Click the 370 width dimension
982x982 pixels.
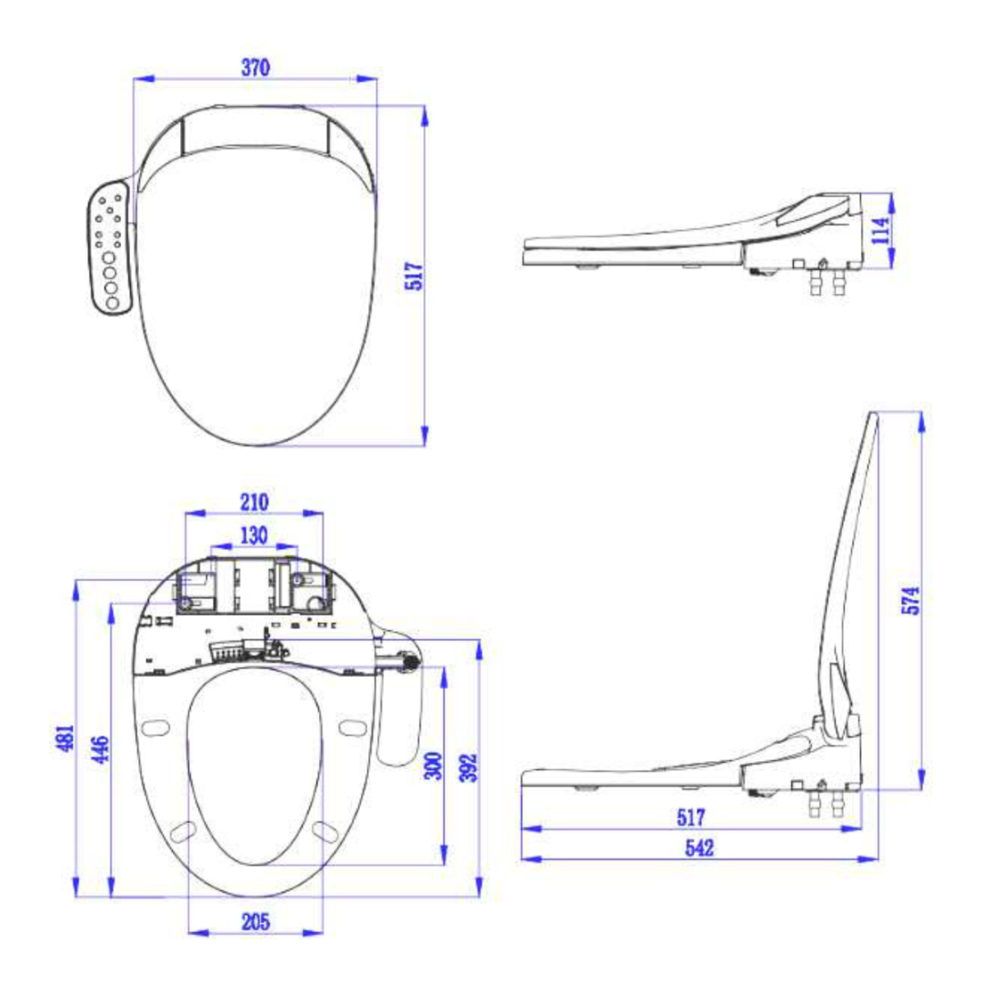click(x=256, y=68)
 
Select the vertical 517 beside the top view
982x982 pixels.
click(x=413, y=276)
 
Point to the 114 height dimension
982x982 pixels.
click(x=877, y=231)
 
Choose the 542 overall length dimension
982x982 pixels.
click(x=699, y=847)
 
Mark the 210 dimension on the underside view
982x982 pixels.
click(x=254, y=502)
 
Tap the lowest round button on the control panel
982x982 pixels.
click(x=113, y=304)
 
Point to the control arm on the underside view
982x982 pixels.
click(x=400, y=709)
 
